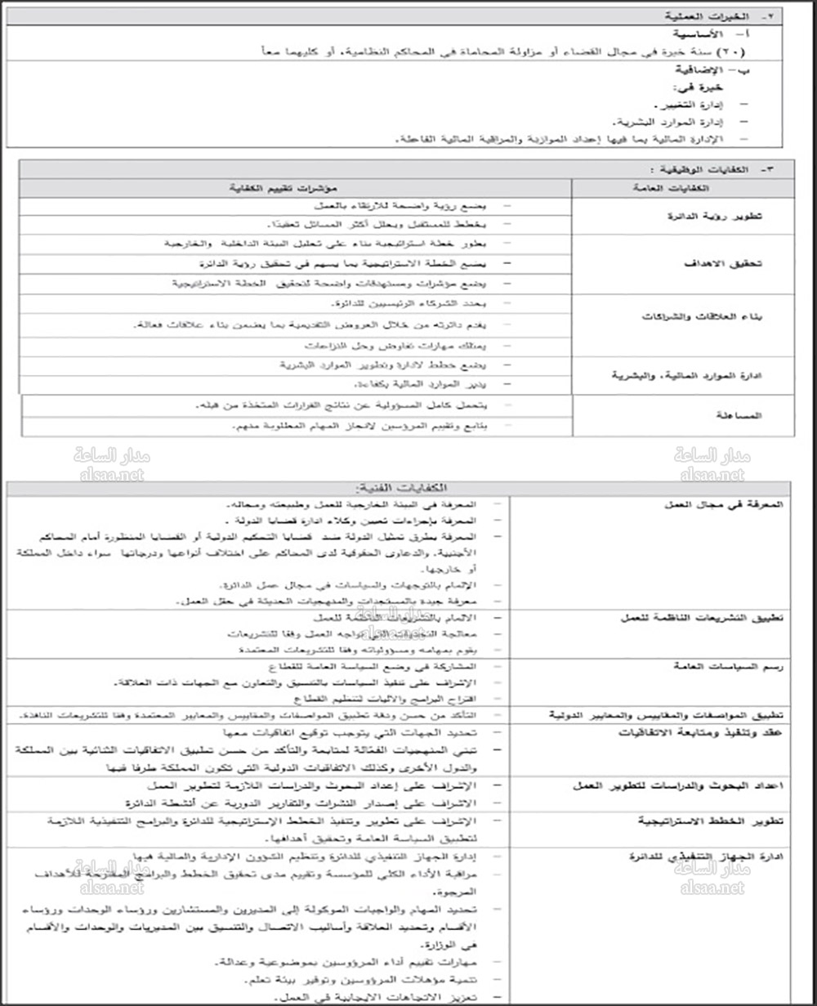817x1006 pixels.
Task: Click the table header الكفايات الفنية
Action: coord(408,487)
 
